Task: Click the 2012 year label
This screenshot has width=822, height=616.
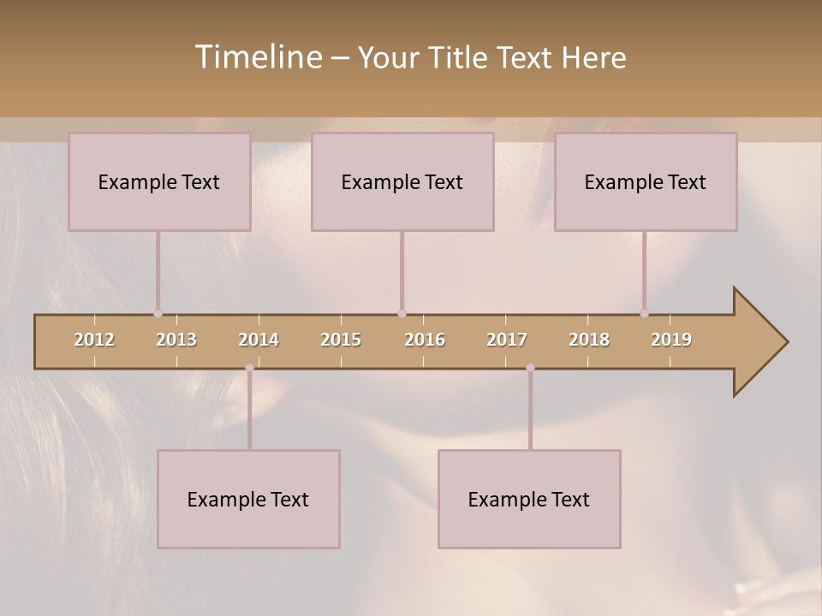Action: coord(94,340)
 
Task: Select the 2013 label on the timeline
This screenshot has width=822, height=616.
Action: coord(176,340)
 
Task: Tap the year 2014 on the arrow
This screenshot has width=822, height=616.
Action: coord(259,340)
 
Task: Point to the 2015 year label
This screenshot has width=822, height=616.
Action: coord(341,340)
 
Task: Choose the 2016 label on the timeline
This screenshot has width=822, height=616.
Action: coord(425,340)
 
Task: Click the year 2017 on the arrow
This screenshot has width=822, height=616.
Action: coord(507,340)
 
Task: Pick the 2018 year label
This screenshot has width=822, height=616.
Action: coord(589,340)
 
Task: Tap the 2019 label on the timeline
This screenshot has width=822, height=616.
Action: coord(671,340)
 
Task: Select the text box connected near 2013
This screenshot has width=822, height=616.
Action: coord(159,181)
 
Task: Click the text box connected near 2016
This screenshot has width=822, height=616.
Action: coord(402,181)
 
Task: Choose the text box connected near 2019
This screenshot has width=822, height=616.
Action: coord(646,181)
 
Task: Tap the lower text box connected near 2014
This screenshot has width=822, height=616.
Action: coord(248,499)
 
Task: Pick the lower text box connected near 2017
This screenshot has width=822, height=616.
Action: coord(529,499)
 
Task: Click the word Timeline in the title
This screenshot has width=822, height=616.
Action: coord(257,57)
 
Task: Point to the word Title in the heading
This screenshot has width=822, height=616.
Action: coord(462,57)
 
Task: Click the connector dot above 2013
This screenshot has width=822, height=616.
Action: coord(158,314)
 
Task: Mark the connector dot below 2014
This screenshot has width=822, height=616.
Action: coord(249,368)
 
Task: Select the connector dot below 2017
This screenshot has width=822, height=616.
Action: coord(530,368)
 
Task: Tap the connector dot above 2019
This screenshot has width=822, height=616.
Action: coord(644,314)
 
